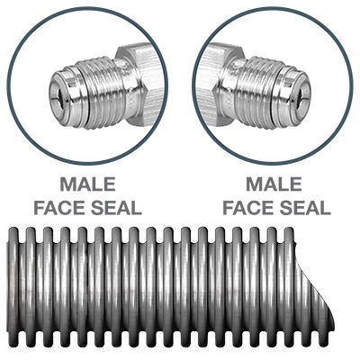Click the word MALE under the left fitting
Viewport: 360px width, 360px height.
coord(88,184)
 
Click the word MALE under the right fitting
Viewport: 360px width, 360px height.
coord(274,184)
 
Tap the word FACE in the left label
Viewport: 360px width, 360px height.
coord(59,208)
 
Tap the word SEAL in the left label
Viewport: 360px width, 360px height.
coord(116,208)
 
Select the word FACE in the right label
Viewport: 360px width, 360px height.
coord(248,208)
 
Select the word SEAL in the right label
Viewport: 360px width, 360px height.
coord(305,208)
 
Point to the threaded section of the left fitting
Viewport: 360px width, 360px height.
coord(103,93)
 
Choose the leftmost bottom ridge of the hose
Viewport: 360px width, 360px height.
coord(13,338)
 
